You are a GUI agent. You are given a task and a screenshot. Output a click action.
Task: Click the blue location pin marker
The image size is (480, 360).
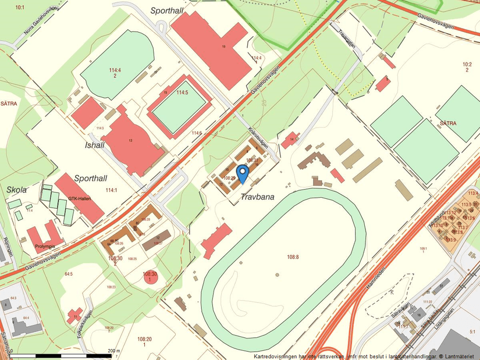(242, 173)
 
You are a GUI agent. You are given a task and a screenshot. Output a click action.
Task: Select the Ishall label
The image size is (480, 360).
(95, 145)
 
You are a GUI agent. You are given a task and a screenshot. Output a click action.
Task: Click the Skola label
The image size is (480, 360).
(17, 190)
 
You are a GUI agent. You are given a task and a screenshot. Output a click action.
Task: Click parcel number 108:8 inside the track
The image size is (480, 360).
(292, 256)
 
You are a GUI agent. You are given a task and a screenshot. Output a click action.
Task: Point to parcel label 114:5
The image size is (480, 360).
(183, 92)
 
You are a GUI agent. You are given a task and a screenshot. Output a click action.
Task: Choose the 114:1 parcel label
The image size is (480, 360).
(111, 190)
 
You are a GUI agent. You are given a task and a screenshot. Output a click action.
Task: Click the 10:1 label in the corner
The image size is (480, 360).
(20, 7)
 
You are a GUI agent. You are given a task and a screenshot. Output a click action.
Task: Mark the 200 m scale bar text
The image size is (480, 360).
(113, 351)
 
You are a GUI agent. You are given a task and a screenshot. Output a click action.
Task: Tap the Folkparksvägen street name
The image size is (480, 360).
(85, 323)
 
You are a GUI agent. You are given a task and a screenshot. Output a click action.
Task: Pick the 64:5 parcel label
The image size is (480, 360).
(69, 273)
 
